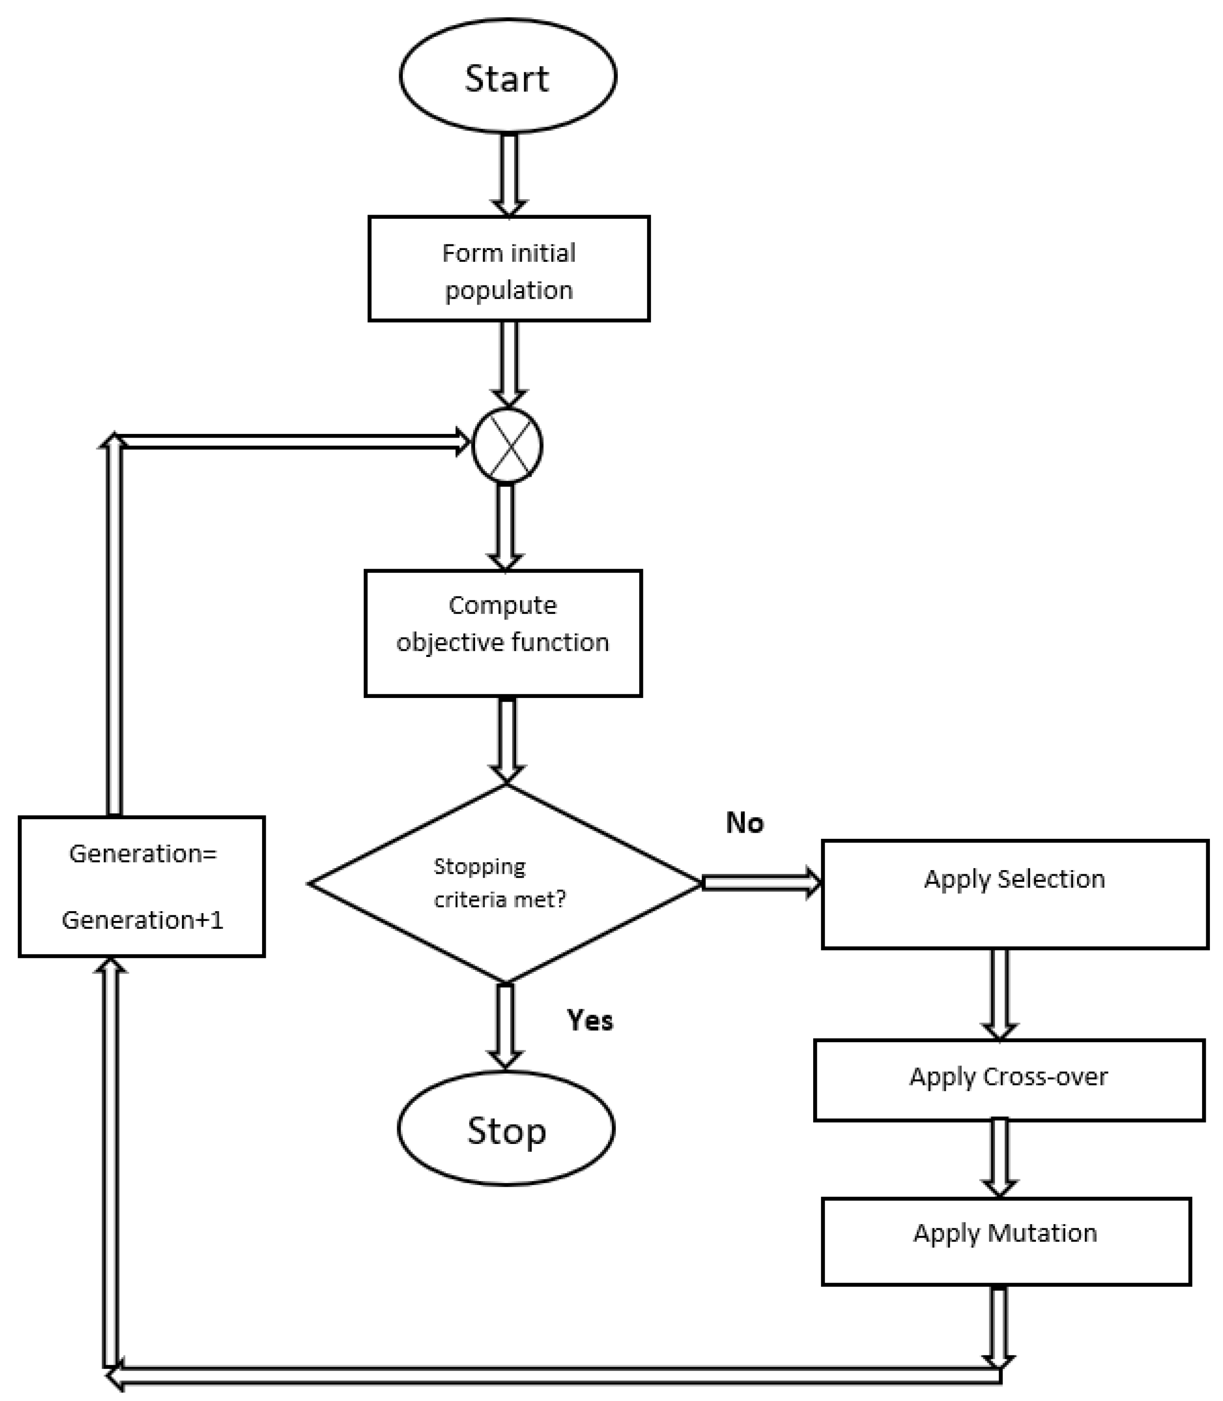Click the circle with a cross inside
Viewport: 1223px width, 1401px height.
point(507,445)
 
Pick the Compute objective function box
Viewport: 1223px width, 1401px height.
point(503,633)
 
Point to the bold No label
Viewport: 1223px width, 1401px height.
point(745,822)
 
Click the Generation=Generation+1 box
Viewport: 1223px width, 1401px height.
point(142,886)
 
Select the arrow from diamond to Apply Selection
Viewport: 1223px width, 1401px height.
point(761,883)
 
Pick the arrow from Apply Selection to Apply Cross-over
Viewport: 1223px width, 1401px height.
point(999,993)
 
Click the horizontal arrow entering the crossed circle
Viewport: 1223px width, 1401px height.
point(293,442)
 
